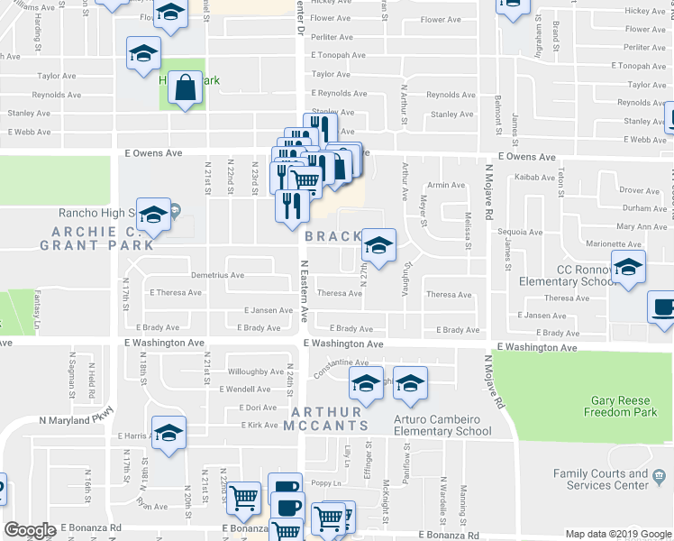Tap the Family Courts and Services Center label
coord(600,479)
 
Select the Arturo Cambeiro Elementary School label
coord(442,425)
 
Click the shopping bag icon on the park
coord(185,88)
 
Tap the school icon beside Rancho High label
coord(153,215)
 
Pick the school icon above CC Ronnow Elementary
coord(628,266)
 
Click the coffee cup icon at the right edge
coord(663,307)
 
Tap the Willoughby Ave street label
coord(256,371)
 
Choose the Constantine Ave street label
coord(335,368)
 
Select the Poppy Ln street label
coord(330,483)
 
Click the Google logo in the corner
coord(30,530)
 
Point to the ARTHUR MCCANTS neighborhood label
coord(326,419)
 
